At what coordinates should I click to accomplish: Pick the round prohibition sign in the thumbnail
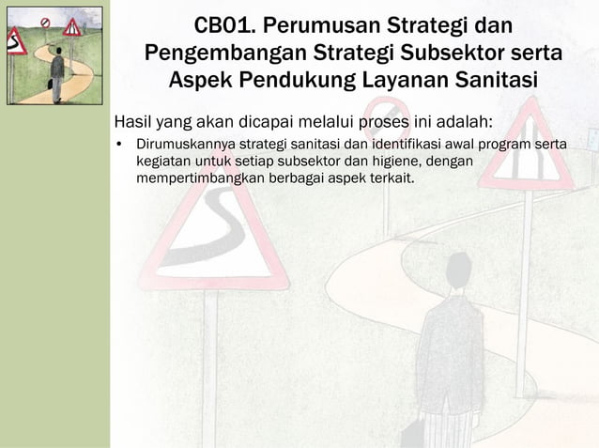click(x=44, y=22)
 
